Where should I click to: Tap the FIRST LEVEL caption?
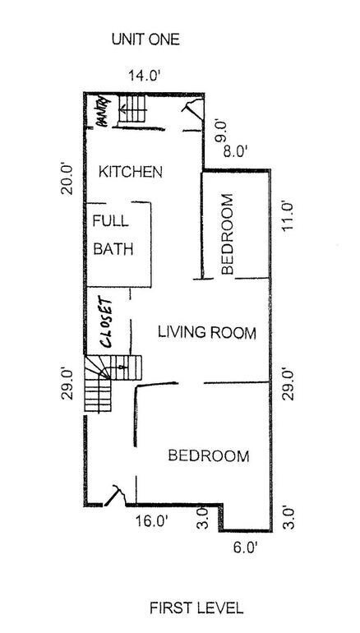tap(196, 608)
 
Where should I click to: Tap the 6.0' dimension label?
tap(243, 546)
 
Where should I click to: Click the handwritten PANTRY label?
tap(101, 112)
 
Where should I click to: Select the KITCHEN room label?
tap(130, 172)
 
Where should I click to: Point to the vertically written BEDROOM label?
tap(228, 233)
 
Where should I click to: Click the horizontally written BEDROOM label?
tap(208, 456)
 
